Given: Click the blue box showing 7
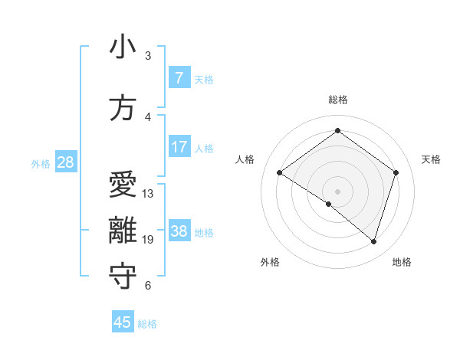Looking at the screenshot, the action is pos(179,78).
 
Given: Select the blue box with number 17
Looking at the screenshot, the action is pos(179,147).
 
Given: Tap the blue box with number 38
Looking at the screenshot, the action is pos(179,231).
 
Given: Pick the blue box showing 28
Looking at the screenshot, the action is pos(64,162).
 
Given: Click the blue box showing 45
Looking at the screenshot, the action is pos(123,322).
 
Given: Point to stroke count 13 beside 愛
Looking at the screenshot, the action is pos(148,194).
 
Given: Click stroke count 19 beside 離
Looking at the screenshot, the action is pos(148,240).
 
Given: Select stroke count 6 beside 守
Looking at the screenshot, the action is pos(148,286).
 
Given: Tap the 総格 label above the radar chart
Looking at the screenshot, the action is pos(337,100).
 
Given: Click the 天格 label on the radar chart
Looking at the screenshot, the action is pos(431,159).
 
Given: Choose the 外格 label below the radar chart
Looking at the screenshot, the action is pos(270,262).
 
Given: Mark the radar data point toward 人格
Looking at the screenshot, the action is pos(280,173).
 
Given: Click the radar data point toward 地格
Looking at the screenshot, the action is pos(373,241).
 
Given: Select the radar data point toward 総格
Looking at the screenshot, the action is pos(337,131).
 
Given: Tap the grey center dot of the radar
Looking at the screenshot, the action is pos(337,191).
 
